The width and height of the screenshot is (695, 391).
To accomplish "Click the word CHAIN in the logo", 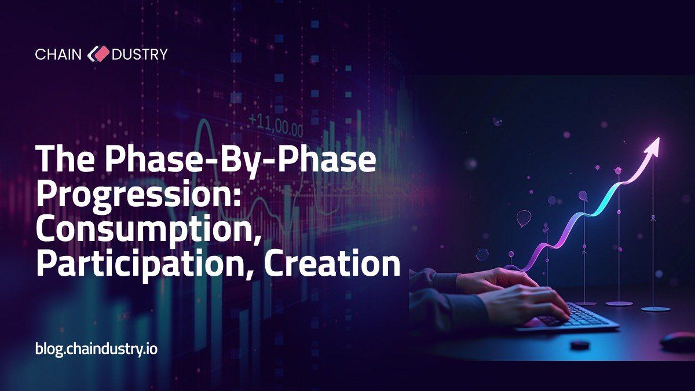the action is pyautogui.click(x=58, y=54).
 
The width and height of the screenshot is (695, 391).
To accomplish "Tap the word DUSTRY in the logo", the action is pyautogui.click(x=140, y=54).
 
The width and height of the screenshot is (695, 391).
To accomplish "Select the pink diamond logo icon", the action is pyautogui.click(x=98, y=54).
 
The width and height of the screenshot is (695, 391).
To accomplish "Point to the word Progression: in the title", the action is pyautogui.click(x=138, y=194).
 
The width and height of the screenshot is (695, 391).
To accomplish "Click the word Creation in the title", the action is pyautogui.click(x=332, y=263).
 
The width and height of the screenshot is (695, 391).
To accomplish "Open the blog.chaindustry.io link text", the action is pyautogui.click(x=97, y=349).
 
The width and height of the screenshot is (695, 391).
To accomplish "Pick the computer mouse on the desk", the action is pyautogui.click(x=678, y=341).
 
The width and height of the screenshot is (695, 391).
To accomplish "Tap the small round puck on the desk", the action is pyautogui.click(x=580, y=345).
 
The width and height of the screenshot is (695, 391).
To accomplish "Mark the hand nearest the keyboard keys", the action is pyautogui.click(x=528, y=302).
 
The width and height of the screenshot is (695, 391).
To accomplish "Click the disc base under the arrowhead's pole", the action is pyautogui.click(x=656, y=309).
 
